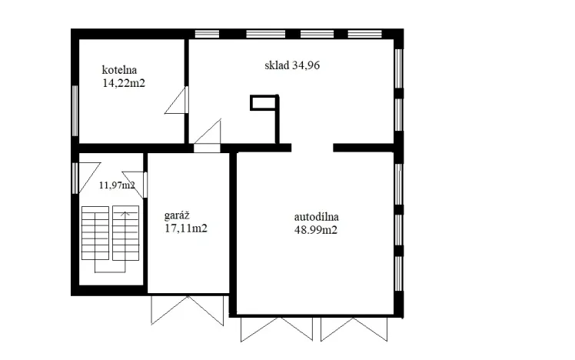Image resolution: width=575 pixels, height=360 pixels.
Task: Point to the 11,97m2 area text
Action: tap(117, 185)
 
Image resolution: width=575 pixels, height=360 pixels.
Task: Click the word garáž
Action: tap(178, 216)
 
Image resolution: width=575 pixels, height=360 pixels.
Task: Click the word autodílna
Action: tap(316, 217)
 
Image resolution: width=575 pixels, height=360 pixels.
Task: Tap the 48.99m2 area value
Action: tap(317, 229)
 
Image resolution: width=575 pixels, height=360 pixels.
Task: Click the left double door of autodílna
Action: tap(277, 328)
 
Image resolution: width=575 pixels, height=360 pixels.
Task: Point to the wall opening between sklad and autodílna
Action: tap(312, 147)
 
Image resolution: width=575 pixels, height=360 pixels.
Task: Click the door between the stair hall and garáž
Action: tap(144, 185)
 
